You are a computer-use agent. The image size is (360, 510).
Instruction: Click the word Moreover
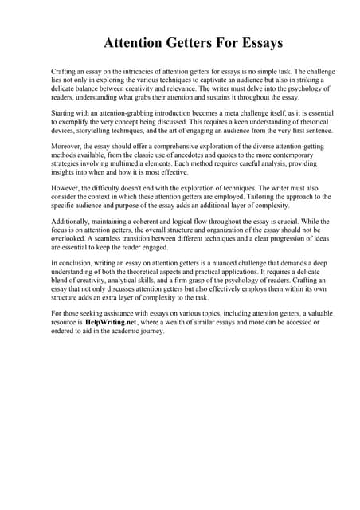[x=67, y=147]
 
